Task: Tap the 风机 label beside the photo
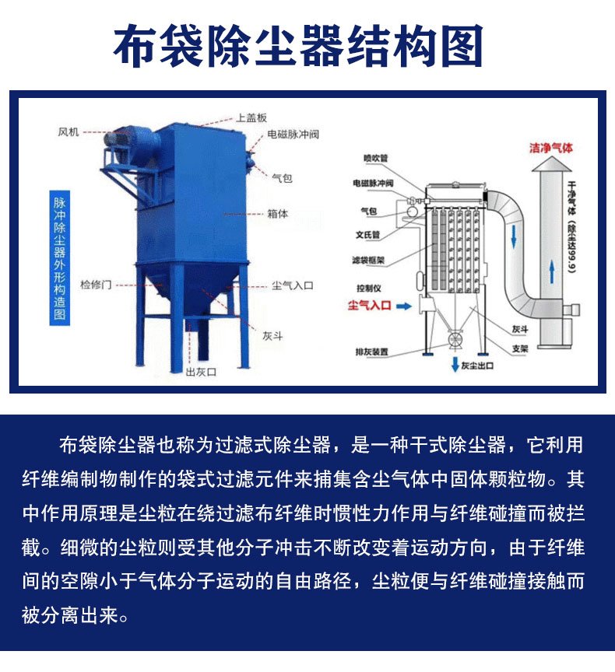[69, 131]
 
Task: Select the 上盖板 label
[251, 118]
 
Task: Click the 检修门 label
[97, 285]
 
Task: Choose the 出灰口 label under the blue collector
[201, 372]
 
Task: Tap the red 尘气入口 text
[368, 306]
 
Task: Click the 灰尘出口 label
[476, 365]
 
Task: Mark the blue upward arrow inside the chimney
[551, 272]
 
